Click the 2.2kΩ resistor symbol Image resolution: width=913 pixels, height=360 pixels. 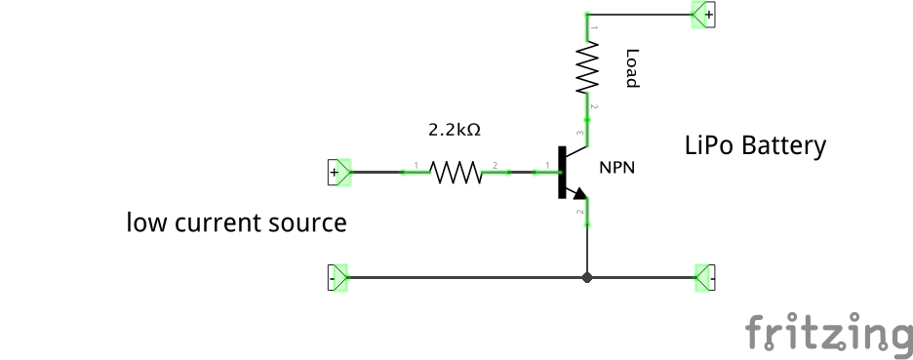tap(456, 173)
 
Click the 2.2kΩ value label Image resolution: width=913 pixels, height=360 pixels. tap(456, 129)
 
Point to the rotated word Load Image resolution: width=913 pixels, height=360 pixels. tap(632, 68)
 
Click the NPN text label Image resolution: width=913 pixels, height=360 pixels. tap(616, 168)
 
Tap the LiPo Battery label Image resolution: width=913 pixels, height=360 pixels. tap(755, 146)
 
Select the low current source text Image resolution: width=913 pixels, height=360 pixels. tap(236, 222)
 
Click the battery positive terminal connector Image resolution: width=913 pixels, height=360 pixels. tap(703, 15)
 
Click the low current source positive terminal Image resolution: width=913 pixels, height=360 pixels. tap(337, 173)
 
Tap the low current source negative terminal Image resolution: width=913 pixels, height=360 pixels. tap(337, 277)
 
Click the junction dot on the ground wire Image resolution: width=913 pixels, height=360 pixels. tap(586, 277)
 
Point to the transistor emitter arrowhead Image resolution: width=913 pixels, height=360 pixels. tap(580, 197)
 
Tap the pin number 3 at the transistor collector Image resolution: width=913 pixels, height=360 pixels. tap(580, 133)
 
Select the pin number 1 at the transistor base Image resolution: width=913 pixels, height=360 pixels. tap(548, 164)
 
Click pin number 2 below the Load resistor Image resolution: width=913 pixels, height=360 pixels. tap(593, 105)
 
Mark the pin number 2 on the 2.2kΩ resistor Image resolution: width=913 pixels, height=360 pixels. tap(495, 164)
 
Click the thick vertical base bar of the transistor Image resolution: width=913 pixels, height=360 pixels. tap(562, 173)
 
